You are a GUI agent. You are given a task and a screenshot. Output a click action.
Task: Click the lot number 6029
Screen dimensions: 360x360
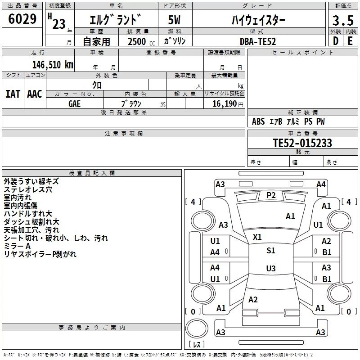point(22,19)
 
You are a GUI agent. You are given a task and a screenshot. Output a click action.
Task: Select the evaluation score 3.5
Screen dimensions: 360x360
point(343,21)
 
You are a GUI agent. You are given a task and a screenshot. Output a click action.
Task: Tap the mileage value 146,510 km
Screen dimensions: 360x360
point(53,65)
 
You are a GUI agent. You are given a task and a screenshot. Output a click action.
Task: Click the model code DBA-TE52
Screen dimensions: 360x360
point(258,41)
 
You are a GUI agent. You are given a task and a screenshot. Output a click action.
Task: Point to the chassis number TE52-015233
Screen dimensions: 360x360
point(302,143)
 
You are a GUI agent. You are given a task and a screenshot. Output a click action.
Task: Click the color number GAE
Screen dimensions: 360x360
point(74,104)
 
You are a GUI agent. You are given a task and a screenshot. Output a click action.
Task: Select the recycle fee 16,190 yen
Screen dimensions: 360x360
point(228,104)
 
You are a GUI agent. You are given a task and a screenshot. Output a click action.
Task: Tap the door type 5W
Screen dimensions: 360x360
point(174,20)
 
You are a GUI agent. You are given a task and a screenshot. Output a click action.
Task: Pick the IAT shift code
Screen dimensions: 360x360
point(13,94)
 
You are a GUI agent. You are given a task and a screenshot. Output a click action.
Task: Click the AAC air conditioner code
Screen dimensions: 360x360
point(35,94)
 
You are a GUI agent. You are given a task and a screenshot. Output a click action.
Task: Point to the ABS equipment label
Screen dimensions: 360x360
point(258,121)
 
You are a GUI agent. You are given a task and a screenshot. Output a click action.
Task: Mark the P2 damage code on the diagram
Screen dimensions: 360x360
point(271,195)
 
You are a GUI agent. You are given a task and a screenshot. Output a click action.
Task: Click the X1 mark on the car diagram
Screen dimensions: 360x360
point(257,237)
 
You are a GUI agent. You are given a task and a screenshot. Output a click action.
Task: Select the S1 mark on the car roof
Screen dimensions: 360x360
point(271,251)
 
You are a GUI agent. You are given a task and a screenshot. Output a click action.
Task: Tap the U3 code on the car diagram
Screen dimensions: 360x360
point(271,268)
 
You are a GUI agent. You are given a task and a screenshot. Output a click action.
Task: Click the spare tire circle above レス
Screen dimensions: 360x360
point(197,328)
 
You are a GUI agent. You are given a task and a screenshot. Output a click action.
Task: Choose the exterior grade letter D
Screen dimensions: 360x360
point(336,41)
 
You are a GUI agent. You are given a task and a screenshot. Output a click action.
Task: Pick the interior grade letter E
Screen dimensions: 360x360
point(350,41)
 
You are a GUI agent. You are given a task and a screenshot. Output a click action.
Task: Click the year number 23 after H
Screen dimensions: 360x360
point(59,24)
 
